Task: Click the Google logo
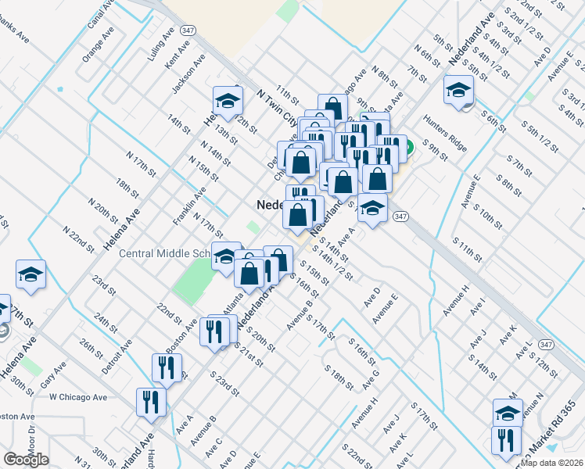point(27,460)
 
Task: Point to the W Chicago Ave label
point(77,397)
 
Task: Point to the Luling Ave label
point(160,45)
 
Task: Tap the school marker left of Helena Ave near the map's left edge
point(31,274)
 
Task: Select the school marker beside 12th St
point(228,101)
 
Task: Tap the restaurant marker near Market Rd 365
point(506,440)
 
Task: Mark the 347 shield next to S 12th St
point(546,345)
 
